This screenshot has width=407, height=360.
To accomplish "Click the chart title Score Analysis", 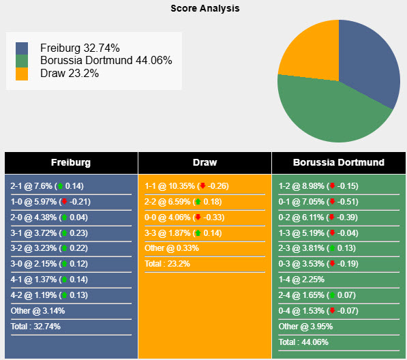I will [x=205, y=9].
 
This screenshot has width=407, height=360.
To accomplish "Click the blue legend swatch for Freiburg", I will [x=22, y=48].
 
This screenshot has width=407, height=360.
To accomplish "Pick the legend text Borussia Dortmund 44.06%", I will [x=106, y=61].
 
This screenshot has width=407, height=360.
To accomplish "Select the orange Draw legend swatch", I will [x=22, y=74].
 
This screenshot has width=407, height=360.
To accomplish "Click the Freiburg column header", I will [x=70, y=163].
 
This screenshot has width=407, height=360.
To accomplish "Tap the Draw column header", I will [x=205, y=163].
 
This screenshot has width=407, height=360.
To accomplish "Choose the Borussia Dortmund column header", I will [x=338, y=163].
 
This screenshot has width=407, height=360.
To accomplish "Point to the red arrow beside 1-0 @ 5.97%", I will [x=64, y=202].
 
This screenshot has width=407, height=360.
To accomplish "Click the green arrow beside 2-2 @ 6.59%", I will [x=198, y=202].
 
